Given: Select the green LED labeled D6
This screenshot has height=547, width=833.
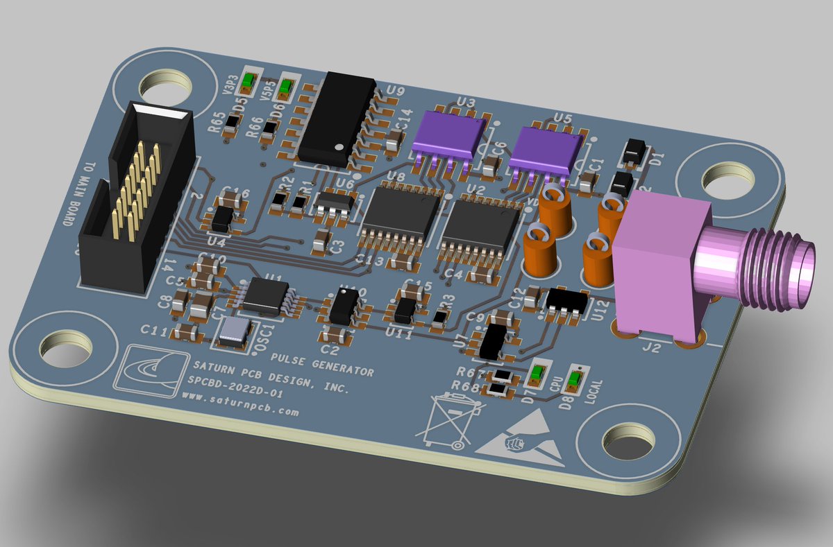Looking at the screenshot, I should click(285, 89).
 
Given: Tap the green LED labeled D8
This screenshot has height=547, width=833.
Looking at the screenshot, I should click(574, 379).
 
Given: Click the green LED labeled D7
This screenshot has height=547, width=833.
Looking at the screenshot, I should click(537, 375).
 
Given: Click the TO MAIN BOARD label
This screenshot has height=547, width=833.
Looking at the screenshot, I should click(79, 195).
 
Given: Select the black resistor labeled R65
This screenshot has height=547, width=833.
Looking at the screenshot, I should click(233, 121).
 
